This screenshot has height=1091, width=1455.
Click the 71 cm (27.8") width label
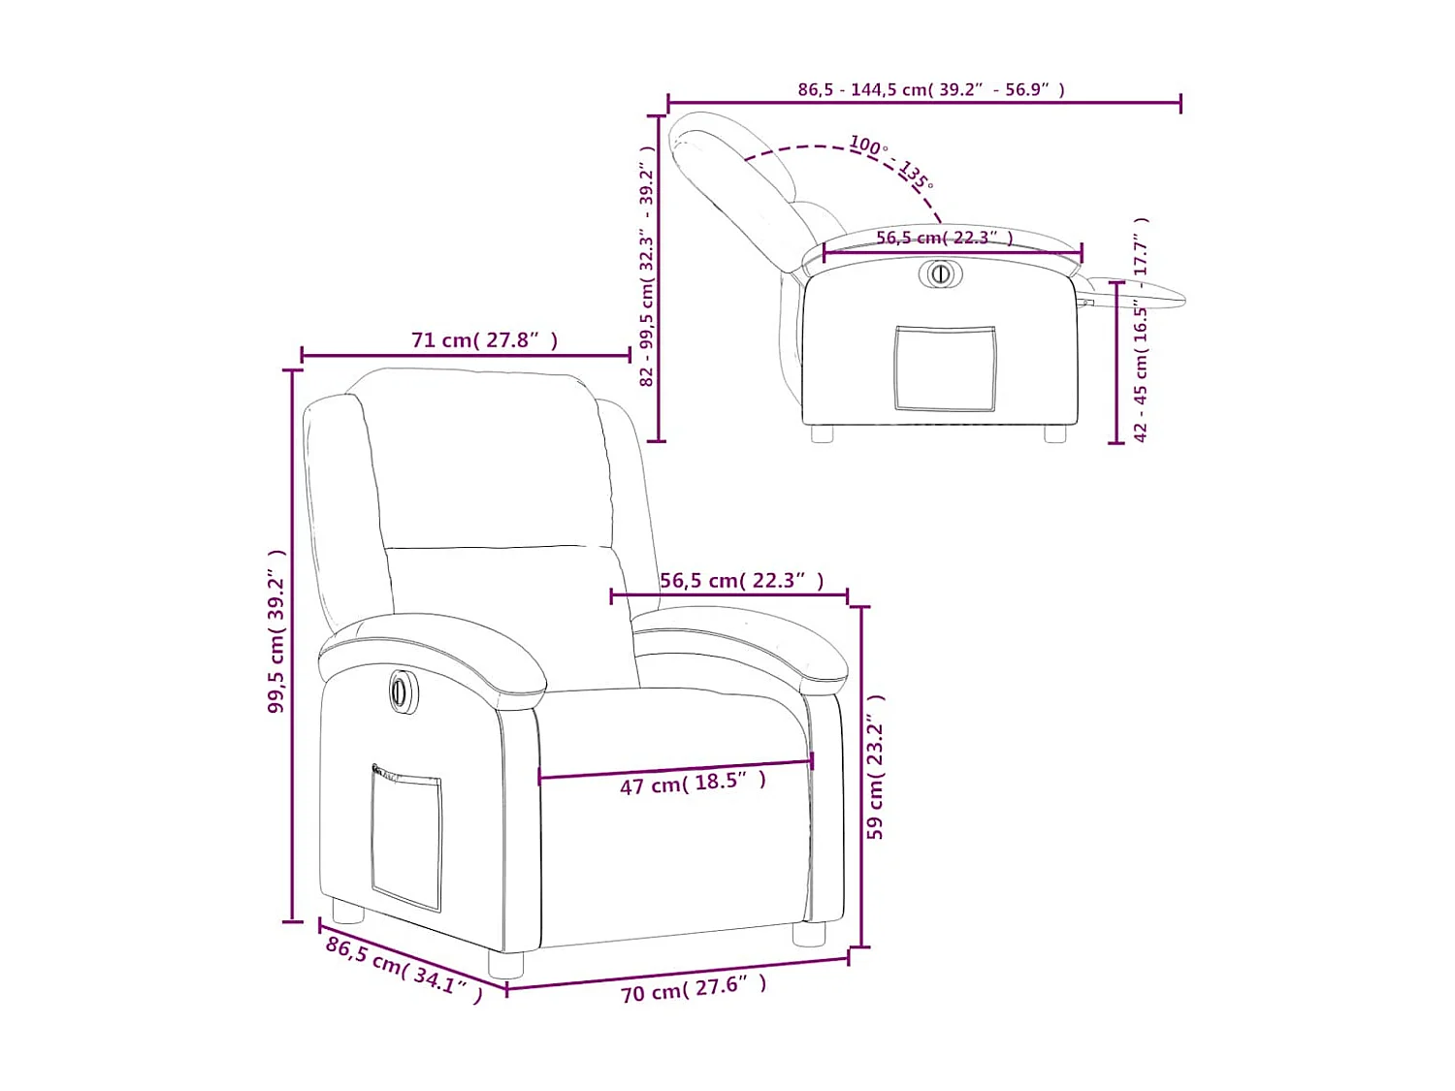click(484, 339)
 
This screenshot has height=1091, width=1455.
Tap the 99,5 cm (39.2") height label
click(276, 631)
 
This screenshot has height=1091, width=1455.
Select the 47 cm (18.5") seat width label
click(693, 783)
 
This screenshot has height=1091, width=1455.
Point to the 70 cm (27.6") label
click(694, 989)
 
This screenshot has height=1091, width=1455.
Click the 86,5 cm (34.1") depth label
click(404, 969)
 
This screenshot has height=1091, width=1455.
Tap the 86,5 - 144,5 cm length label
click(930, 89)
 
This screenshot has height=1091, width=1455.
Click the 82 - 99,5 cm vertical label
click(647, 267)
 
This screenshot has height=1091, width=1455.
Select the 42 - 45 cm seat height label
click(1141, 330)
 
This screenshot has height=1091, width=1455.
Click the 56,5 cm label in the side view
click(944, 238)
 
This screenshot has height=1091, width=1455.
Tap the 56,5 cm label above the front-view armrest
click(741, 580)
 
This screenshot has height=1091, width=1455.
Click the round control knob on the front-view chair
click(400, 691)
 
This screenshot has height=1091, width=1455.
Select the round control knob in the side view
click(940, 273)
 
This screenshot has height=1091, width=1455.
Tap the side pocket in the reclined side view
click(945, 369)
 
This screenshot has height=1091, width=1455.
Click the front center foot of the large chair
click(504, 963)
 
